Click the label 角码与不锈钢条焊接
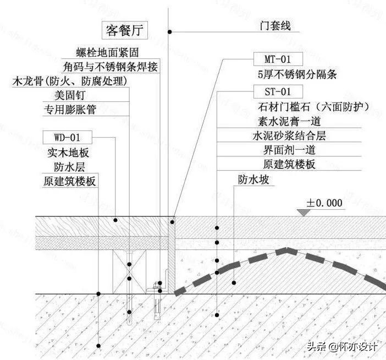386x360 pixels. click(x=111, y=67)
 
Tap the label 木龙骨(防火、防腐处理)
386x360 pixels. click(x=70, y=81)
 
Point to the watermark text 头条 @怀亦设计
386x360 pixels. click(x=341, y=347)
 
